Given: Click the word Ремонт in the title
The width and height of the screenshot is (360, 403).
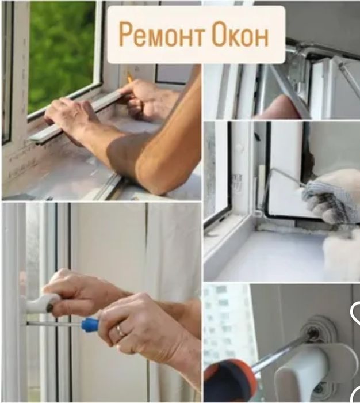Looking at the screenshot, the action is [x=162, y=35].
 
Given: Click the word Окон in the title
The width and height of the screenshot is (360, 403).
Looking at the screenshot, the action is [x=241, y=35].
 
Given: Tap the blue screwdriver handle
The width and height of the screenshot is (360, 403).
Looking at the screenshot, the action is [x=89, y=324].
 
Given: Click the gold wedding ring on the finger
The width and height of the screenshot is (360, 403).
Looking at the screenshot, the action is [x=120, y=330].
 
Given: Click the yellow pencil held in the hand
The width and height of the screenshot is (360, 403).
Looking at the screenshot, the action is [x=129, y=78].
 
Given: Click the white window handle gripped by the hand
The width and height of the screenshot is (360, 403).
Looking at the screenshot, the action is [x=41, y=303].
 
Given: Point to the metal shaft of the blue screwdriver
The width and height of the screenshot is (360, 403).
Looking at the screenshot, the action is [x=55, y=325].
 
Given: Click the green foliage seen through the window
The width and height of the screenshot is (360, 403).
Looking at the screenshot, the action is [x=62, y=51].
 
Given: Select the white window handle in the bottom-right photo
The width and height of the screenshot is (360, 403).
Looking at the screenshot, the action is [x=316, y=370].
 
